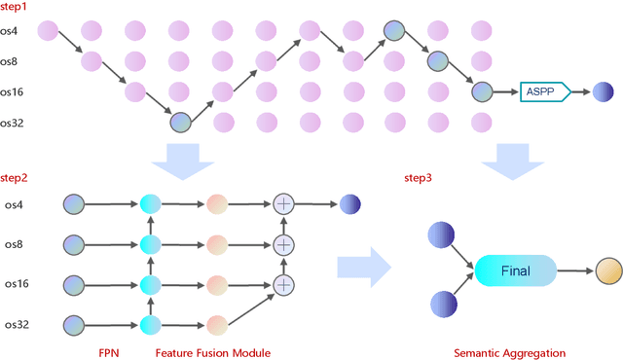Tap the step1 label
click(17, 8)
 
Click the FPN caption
click(109, 351)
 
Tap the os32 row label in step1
click(17, 123)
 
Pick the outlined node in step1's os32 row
click(180, 123)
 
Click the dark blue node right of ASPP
click(604, 92)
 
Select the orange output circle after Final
click(607, 271)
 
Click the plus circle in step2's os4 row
click(283, 204)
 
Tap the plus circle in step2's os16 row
click(283, 284)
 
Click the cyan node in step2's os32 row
click(150, 325)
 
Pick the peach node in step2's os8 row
click(216, 244)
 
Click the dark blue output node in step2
click(350, 204)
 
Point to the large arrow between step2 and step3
click(362, 265)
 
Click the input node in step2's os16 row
click(75, 284)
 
